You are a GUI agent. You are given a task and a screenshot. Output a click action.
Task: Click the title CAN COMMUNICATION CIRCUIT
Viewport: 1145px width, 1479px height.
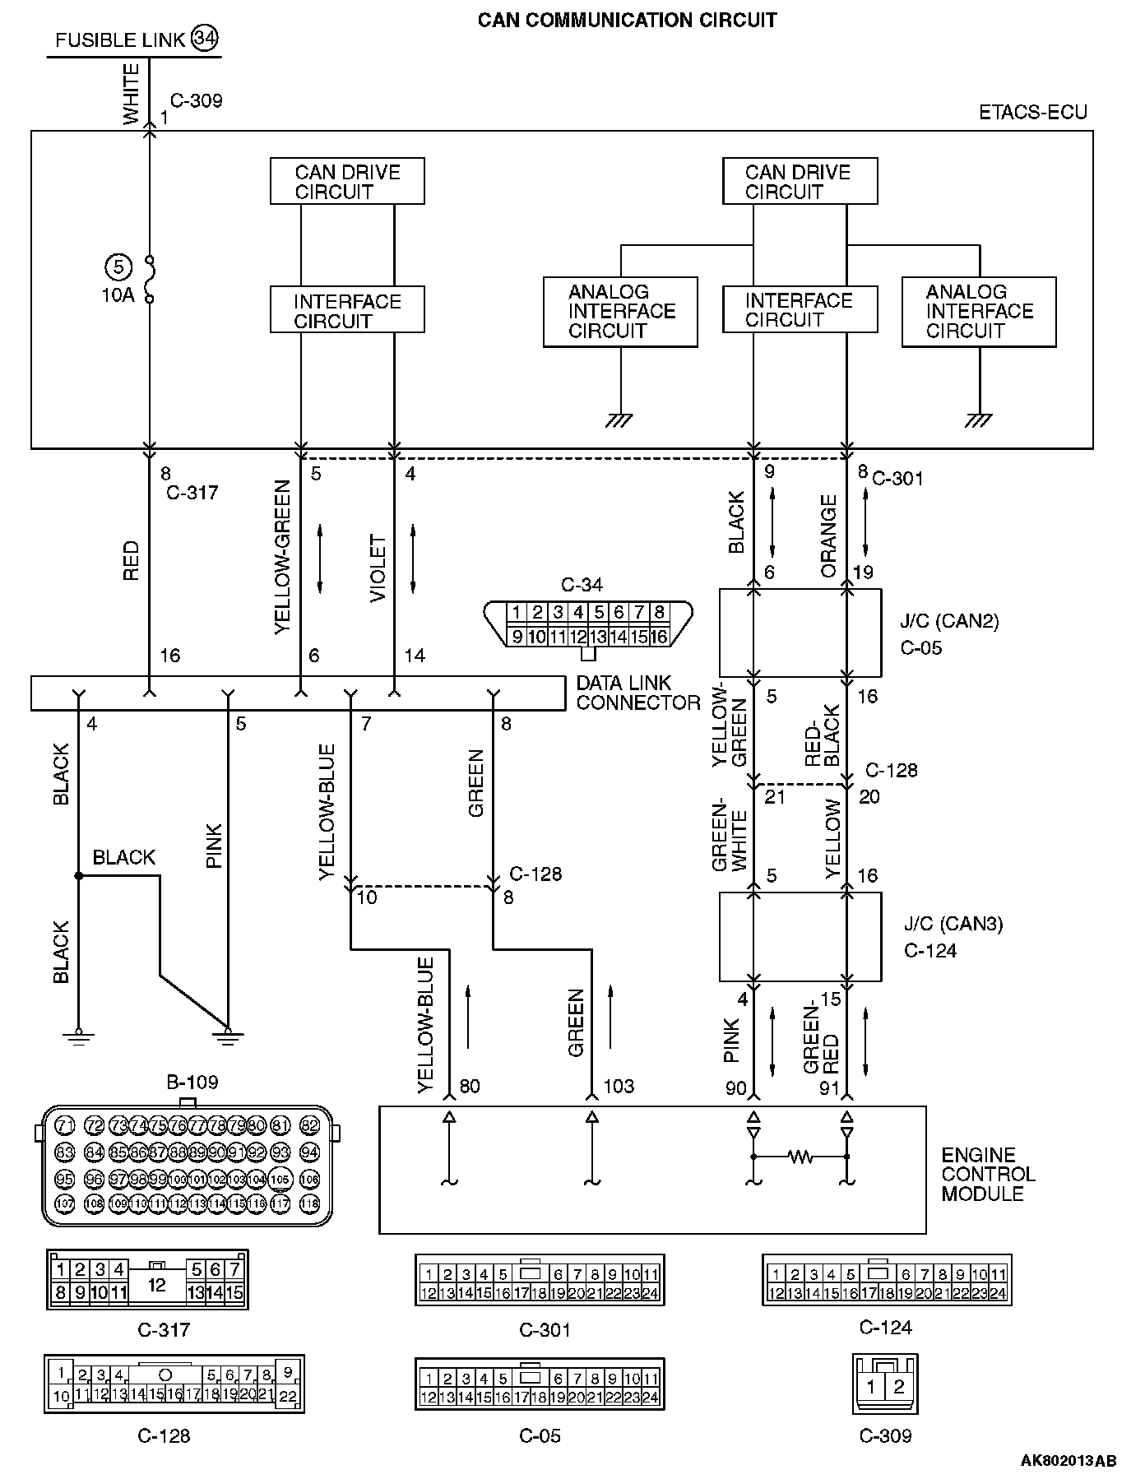[627, 20]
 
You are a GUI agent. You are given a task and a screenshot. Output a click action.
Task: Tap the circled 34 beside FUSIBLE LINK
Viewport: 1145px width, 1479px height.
[205, 39]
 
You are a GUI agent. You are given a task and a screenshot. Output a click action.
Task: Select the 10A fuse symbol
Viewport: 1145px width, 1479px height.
[150, 280]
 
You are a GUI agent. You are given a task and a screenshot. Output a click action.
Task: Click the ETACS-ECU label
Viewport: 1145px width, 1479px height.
[1033, 113]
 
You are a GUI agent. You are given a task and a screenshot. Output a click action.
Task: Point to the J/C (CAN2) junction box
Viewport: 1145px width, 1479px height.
[800, 633]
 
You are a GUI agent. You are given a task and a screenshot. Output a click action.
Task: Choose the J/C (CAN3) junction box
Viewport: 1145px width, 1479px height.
[800, 936]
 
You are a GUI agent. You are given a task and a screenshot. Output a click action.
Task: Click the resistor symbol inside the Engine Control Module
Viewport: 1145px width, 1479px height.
[800, 1157]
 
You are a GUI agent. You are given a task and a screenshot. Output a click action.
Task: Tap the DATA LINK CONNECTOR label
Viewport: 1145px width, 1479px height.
[637, 693]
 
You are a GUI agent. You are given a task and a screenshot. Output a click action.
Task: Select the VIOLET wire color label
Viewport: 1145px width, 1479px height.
[378, 568]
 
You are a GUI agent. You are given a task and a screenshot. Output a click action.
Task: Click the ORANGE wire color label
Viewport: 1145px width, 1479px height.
[828, 535]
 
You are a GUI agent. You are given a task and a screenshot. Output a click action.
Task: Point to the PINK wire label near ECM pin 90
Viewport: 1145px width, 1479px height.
[732, 1041]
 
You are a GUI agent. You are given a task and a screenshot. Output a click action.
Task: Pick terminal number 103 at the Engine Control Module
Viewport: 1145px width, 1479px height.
[619, 1087]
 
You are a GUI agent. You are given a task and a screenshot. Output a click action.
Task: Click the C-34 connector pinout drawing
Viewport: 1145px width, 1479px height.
[588, 624]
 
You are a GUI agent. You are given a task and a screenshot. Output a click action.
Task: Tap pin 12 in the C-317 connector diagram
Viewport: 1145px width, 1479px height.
[156, 1284]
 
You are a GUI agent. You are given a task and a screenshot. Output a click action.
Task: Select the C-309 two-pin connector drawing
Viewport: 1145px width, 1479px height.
[885, 1386]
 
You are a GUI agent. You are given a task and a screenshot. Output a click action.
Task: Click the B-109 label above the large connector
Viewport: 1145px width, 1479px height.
[192, 1082]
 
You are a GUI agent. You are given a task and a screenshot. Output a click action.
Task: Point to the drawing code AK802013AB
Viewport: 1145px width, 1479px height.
[1069, 1461]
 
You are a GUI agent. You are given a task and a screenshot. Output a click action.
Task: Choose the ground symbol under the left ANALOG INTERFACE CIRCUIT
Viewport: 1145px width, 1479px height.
[619, 420]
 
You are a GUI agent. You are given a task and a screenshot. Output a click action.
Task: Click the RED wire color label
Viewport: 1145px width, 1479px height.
[132, 561]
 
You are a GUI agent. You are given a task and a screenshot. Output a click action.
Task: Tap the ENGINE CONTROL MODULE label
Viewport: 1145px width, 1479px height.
[988, 1174]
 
